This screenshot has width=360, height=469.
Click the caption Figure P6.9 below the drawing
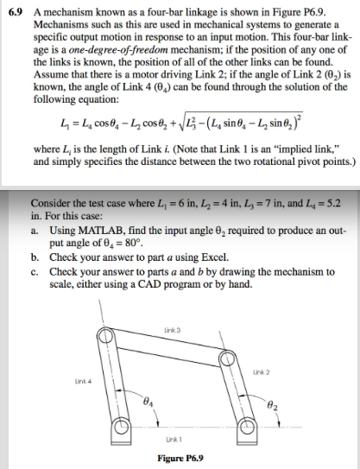pos(181,456)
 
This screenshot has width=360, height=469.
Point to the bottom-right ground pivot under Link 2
pos(247,426)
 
